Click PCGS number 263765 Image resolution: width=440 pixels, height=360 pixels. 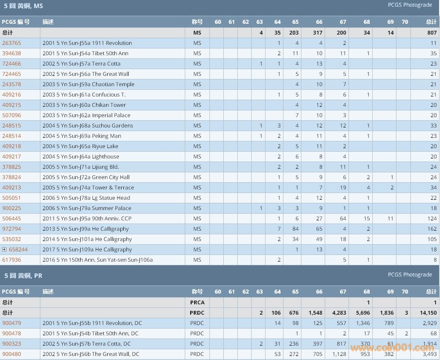pyautogui.click(x=12, y=43)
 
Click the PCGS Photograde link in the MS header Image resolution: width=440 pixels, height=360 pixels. pyautogui.click(x=410, y=5)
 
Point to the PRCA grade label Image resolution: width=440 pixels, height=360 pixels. pyautogui.click(x=197, y=303)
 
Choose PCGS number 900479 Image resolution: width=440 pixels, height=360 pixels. pyautogui.click(x=12, y=323)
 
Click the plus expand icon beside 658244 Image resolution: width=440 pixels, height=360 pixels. pyautogui.click(x=4, y=250)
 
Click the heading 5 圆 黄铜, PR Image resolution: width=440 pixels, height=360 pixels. pyautogui.click(x=23, y=276)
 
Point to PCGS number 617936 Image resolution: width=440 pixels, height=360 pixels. pyautogui.click(x=12, y=260)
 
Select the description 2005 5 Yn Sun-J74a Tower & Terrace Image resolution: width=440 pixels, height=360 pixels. pyautogui.click(x=88, y=188)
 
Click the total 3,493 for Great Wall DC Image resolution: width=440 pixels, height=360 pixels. pyautogui.click(x=429, y=354)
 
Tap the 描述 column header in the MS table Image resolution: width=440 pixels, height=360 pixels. pyautogui.click(x=48, y=22)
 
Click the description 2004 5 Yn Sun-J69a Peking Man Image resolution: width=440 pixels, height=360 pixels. pyautogui.click(x=82, y=136)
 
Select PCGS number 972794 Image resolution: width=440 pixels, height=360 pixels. pyautogui.click(x=12, y=229)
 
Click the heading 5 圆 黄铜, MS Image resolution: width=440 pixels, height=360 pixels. pyautogui.click(x=24, y=6)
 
